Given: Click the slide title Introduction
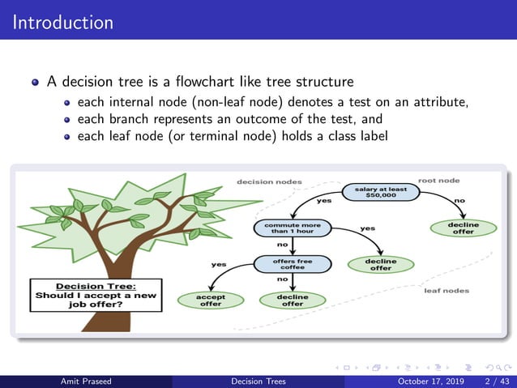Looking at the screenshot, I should [62, 21].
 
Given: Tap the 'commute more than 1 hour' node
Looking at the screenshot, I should [283, 227].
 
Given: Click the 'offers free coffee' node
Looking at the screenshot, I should [283, 263].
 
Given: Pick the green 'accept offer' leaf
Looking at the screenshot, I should [211, 300].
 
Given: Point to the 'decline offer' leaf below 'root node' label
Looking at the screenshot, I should [463, 228].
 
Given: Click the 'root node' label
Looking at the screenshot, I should [438, 180].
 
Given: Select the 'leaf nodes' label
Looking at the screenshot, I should [446, 290].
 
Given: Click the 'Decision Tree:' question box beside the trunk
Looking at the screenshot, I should [95, 296].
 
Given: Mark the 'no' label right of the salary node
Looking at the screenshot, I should [460, 200].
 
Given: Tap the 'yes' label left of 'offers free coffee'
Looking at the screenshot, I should [219, 264].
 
